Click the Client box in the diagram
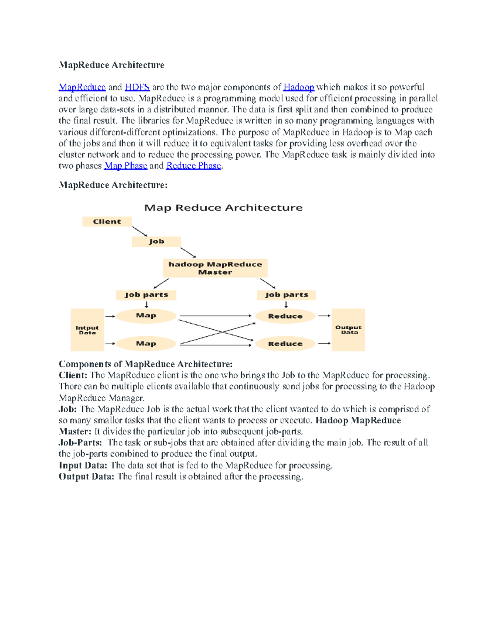pos(107,221)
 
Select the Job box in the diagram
pos(156,241)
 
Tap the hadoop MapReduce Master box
pos(215,268)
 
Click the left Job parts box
pos(146,295)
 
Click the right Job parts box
pos(286,295)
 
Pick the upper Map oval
pos(146,316)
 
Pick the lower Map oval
pos(146,343)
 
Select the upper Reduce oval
pos(286,316)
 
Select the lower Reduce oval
pos(286,344)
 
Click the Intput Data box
pos(87,330)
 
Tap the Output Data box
pos(348,330)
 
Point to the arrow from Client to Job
pos(139,231)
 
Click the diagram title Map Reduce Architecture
pos(223,208)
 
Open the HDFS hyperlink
pos(137,87)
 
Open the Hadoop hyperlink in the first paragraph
pos(298,87)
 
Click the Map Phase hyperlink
pos(126,166)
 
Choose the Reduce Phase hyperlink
pos(193,166)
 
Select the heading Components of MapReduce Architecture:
pos(145,364)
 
